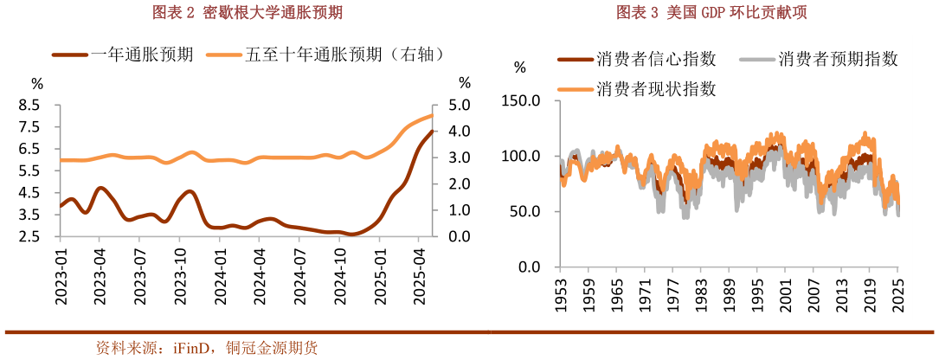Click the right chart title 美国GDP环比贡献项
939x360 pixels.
pos(717,11)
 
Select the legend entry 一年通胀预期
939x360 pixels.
pos(130,54)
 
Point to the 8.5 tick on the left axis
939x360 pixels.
pos(29,105)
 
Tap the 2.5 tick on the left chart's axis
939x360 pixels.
pos(29,237)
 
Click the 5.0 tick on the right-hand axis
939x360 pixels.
pos(459,105)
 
